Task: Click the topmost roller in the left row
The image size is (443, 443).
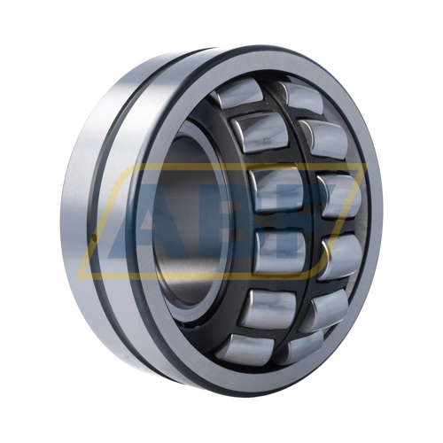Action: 238,94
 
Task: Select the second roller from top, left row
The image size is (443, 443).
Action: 260,133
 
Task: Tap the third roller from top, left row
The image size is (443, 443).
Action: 277,189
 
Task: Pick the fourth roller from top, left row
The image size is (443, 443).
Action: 280,250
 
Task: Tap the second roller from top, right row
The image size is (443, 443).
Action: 324,140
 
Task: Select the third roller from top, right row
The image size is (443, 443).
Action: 339,196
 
